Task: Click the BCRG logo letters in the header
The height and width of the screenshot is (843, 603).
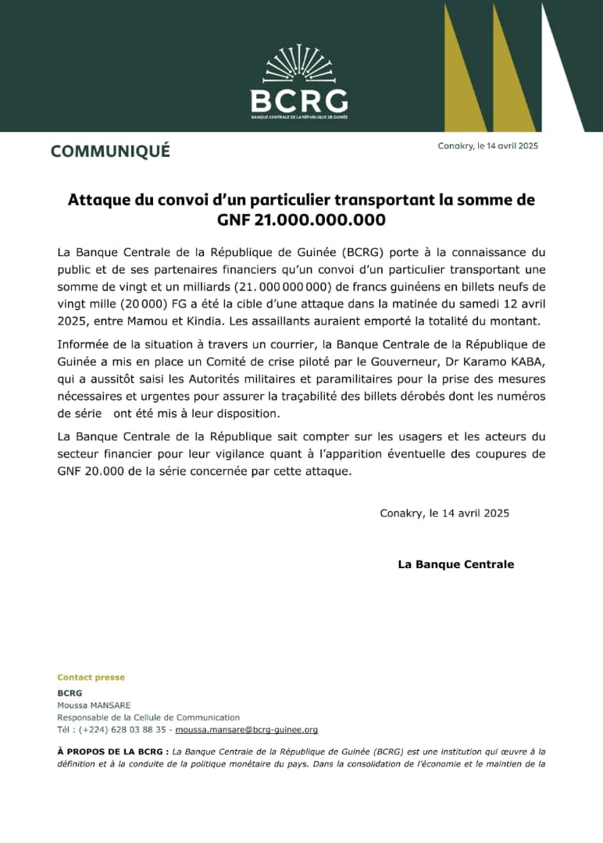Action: point(299,101)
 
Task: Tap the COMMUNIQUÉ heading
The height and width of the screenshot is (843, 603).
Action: point(110,151)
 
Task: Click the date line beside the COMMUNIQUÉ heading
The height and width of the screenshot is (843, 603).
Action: point(488,146)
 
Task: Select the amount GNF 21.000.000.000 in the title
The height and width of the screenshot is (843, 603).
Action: point(301,220)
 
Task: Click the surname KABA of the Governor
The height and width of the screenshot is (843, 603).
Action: point(523,361)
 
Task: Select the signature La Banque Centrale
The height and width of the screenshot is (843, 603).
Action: point(456,564)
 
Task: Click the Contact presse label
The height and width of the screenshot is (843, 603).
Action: point(91,678)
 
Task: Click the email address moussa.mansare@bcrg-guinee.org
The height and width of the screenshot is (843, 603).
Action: point(246,730)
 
